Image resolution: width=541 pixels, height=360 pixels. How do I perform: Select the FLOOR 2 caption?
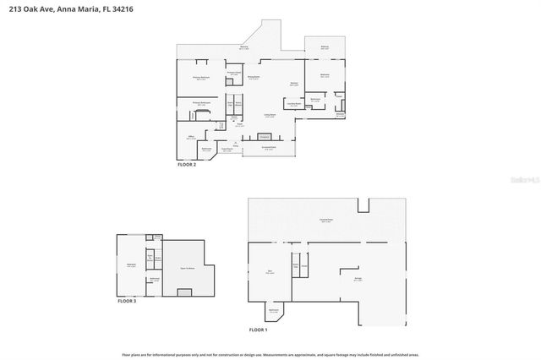pyautogui.click(x=186, y=165)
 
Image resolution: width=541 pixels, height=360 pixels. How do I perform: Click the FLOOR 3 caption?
pyautogui.click(x=126, y=300)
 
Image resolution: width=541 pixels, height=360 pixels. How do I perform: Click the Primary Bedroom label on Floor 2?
pyautogui.click(x=199, y=78)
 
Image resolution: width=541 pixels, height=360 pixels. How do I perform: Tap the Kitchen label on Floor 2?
pyautogui.click(x=294, y=83)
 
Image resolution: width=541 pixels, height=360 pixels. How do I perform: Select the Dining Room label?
pyautogui.click(x=253, y=78)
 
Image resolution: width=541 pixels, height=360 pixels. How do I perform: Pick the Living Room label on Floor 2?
pyautogui.click(x=270, y=115)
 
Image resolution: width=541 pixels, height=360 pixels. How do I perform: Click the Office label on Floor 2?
pyautogui.click(x=190, y=138)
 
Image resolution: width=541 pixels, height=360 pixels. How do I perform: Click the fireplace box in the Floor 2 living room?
pyautogui.click(x=264, y=136)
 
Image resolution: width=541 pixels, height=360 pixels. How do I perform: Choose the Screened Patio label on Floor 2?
pyautogui.click(x=269, y=147)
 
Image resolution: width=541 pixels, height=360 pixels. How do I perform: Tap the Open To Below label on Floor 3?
pyautogui.click(x=186, y=267)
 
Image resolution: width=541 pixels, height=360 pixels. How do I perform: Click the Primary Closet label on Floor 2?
pyautogui.click(x=234, y=74)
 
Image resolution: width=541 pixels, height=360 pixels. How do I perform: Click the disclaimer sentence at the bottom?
pyautogui.click(x=270, y=354)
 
